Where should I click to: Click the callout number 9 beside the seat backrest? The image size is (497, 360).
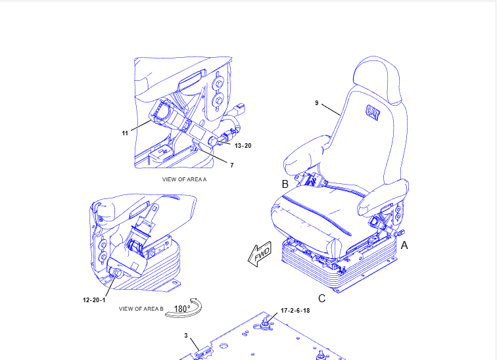tap(316, 103)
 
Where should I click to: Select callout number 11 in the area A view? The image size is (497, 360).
tap(124, 133)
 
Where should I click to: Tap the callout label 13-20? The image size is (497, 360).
tap(243, 145)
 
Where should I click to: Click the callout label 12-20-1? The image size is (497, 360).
tap(95, 300)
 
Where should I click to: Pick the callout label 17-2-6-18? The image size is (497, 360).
tap(295, 310)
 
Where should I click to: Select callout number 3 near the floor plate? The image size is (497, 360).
tap(186, 336)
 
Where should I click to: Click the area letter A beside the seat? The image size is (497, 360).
tap(405, 245)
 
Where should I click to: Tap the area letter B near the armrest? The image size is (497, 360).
tap(285, 184)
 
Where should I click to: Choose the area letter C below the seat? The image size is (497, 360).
tap(321, 298)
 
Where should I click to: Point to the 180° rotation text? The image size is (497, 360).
tap(182, 309)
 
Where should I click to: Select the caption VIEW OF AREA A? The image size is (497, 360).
tap(185, 179)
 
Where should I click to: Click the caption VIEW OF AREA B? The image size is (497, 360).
tap(141, 308)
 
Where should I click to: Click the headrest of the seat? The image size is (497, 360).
tap(377, 78)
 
